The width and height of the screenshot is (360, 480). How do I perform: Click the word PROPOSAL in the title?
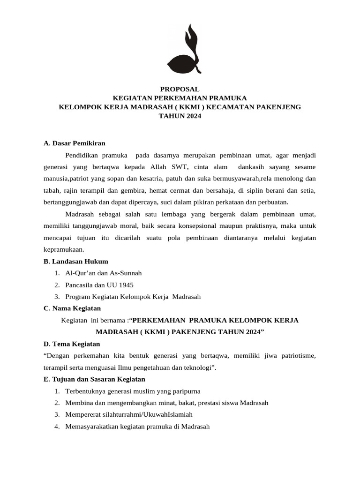[x=180, y=89]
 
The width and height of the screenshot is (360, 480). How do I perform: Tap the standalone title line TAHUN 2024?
[x=180, y=116]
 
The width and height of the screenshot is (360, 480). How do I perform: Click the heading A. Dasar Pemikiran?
[x=74, y=143]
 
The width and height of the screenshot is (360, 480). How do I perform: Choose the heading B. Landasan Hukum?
[x=75, y=261]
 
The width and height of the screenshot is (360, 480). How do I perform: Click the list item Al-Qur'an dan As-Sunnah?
[x=104, y=273]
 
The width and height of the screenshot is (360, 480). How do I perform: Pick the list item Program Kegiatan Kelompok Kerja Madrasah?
[x=133, y=296]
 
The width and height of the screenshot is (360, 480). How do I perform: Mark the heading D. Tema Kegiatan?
[x=68, y=344]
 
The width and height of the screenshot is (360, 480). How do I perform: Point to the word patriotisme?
[x=297, y=356]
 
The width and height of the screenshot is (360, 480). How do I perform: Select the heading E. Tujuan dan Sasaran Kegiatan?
[x=94, y=379]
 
